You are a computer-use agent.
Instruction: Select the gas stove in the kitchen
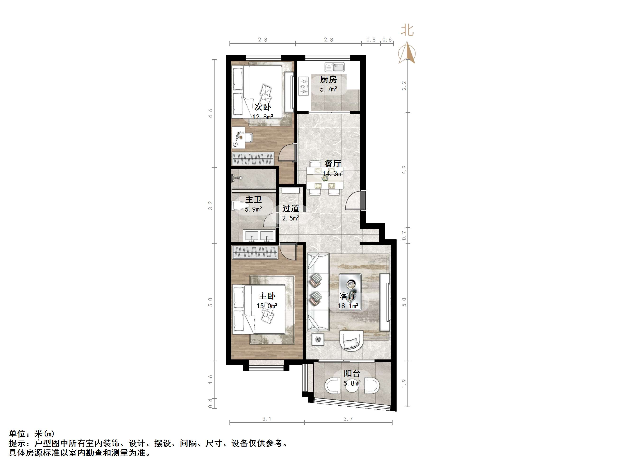[303, 86]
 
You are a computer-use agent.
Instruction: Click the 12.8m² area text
[263, 117]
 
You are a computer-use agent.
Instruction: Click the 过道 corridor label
[290, 208]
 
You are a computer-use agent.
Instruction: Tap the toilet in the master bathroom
[239, 205]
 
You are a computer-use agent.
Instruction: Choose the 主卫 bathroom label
[253, 199]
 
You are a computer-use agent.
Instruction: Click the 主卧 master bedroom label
[267, 296]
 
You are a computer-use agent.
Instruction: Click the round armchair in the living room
[351, 341]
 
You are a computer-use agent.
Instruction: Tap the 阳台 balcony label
[352, 373]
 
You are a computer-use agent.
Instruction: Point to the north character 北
[407, 30]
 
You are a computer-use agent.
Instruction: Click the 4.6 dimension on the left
[210, 113]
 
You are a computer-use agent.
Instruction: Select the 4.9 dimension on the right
[404, 170]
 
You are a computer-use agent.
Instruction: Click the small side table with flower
[318, 339]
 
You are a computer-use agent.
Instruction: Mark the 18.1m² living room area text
[348, 306]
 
